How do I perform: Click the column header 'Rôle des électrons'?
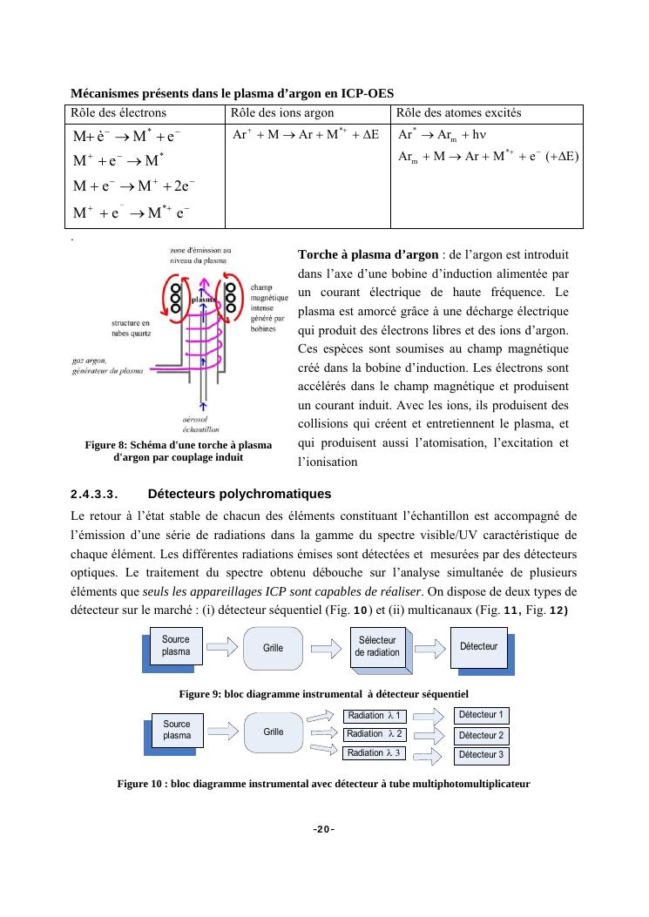118,113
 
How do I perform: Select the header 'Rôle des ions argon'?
281,113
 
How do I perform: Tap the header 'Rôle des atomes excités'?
459,113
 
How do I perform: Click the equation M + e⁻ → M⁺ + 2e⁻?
133,186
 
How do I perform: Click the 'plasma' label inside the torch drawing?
203,300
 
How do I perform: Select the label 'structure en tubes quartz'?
130,327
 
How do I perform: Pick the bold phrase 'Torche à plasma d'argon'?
368,255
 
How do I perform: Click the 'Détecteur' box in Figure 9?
478,646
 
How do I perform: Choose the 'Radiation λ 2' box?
374,734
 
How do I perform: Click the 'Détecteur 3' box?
481,755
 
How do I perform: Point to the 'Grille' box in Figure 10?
273,732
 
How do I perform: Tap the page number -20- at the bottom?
324,829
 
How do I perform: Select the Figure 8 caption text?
178,451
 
